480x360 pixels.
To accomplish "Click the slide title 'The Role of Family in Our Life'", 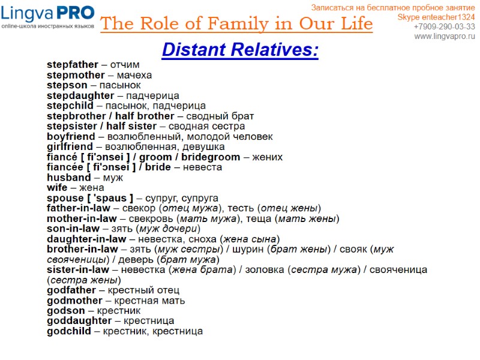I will [236, 24].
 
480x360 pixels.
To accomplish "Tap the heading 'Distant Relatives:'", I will [240, 50].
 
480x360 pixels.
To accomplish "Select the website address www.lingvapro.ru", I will [445, 37].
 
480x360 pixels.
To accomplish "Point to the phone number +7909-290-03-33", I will [445, 26].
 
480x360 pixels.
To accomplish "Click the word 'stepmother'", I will [76, 75].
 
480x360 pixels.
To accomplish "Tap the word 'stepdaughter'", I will [80, 95].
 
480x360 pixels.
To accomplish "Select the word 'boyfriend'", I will [71, 136].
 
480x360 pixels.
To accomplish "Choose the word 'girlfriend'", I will [70, 146].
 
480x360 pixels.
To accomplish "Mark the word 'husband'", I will [68, 177].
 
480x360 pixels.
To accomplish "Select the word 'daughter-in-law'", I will [86, 239].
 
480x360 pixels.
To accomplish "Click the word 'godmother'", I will [75, 301].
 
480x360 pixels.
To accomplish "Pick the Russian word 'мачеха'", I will [134, 75].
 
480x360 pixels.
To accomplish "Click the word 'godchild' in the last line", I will [69, 331].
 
